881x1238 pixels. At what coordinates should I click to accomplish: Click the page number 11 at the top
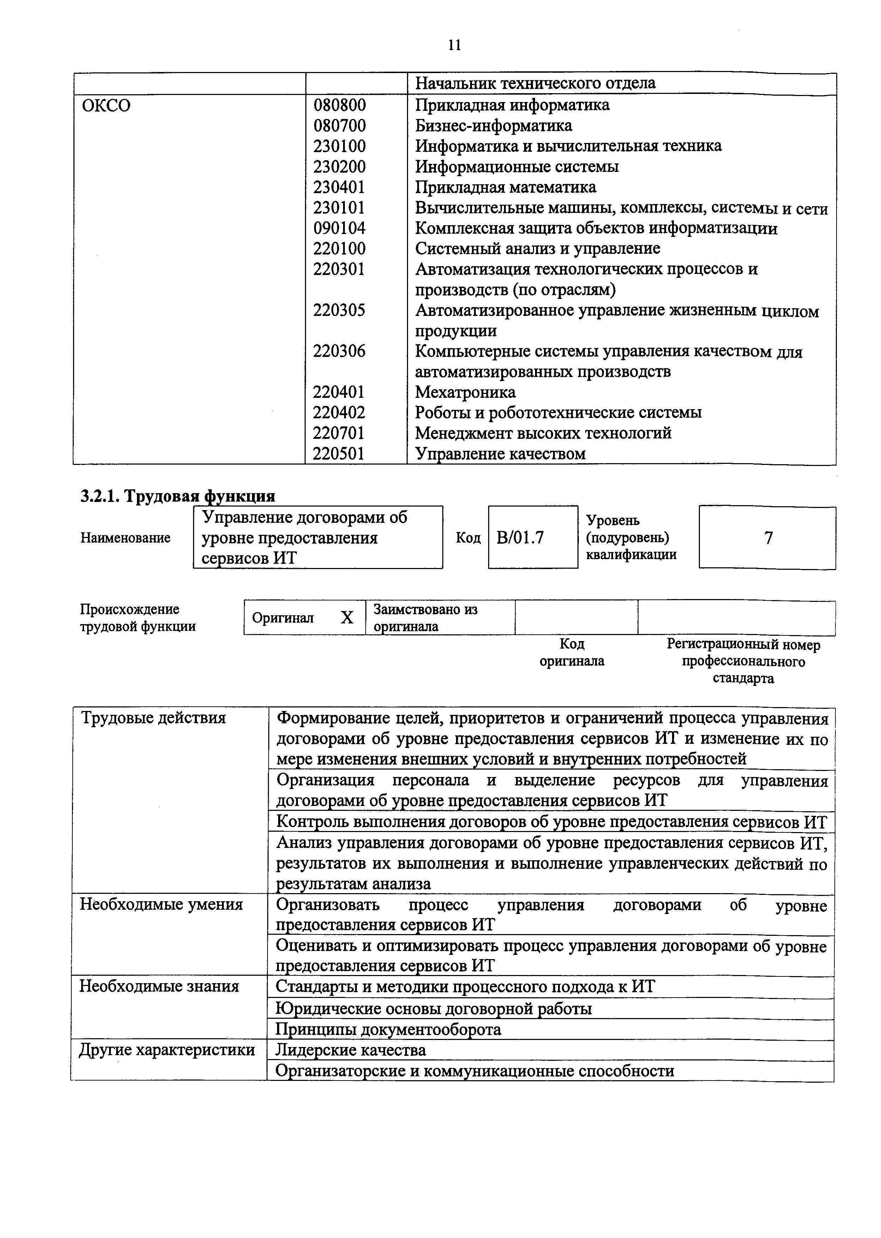455,45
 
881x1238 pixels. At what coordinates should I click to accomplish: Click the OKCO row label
106,105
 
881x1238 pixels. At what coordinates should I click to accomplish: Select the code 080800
340,105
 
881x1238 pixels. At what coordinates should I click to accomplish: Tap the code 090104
339,228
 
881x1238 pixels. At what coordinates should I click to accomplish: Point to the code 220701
338,433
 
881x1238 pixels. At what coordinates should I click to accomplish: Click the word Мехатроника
465,392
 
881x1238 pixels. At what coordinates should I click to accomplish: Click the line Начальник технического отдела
535,83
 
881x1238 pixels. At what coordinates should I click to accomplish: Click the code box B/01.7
520,538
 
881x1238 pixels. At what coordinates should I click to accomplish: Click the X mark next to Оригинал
347,617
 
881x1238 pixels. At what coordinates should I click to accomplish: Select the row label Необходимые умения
161,904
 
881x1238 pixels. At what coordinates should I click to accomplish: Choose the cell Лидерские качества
351,1050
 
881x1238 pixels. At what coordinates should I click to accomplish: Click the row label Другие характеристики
167,1050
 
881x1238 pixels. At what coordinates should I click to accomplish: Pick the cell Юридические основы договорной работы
434,1009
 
